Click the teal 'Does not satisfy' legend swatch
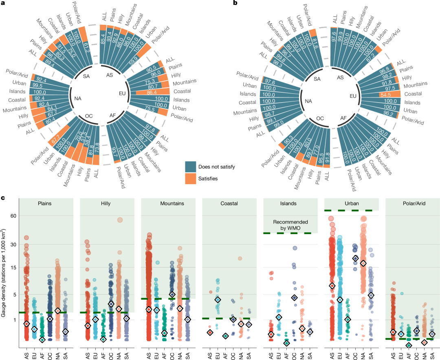point(191,167)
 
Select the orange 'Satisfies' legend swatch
point(191,178)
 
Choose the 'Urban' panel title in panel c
point(352,204)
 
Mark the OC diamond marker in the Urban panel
point(355,258)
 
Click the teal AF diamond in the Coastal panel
point(225,336)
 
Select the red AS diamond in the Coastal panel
point(210,332)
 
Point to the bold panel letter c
point(3,198)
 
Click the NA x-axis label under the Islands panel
point(302,353)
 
